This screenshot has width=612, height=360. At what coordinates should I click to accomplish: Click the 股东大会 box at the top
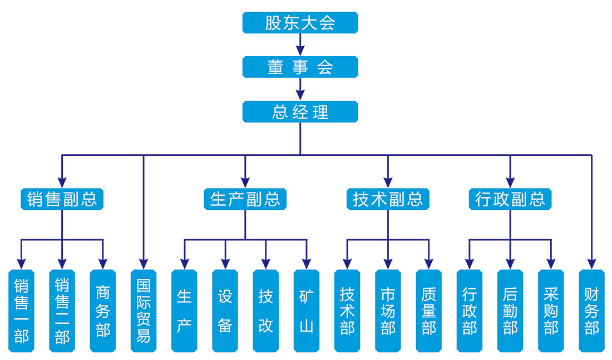[x=300, y=23]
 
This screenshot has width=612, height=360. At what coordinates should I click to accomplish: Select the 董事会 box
[x=300, y=67]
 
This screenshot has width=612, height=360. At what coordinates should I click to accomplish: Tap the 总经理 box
[x=300, y=112]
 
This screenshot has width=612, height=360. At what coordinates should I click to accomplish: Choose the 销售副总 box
[x=62, y=199]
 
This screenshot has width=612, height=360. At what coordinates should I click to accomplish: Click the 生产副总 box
[x=245, y=199]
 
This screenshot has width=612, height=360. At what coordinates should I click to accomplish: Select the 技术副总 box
[x=388, y=199]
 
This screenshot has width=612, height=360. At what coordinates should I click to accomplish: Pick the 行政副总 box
[x=510, y=199]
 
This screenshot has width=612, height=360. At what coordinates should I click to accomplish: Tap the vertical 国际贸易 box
[x=144, y=311]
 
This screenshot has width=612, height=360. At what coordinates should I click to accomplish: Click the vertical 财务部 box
[x=591, y=311]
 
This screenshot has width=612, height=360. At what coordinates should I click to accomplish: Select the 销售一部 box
[x=21, y=311]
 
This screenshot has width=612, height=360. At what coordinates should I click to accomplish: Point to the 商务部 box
[x=103, y=311]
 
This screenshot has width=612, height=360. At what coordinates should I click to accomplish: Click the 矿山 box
[x=307, y=311]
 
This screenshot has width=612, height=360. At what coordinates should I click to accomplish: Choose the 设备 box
[x=225, y=311]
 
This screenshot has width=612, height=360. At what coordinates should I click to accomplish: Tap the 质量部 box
[x=429, y=311]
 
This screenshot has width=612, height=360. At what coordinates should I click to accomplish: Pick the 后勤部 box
[x=510, y=311]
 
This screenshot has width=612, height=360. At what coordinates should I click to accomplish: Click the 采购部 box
[x=551, y=311]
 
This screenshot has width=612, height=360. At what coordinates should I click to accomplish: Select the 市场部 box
[x=388, y=311]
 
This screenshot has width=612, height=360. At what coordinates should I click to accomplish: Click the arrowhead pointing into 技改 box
[x=266, y=263]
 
